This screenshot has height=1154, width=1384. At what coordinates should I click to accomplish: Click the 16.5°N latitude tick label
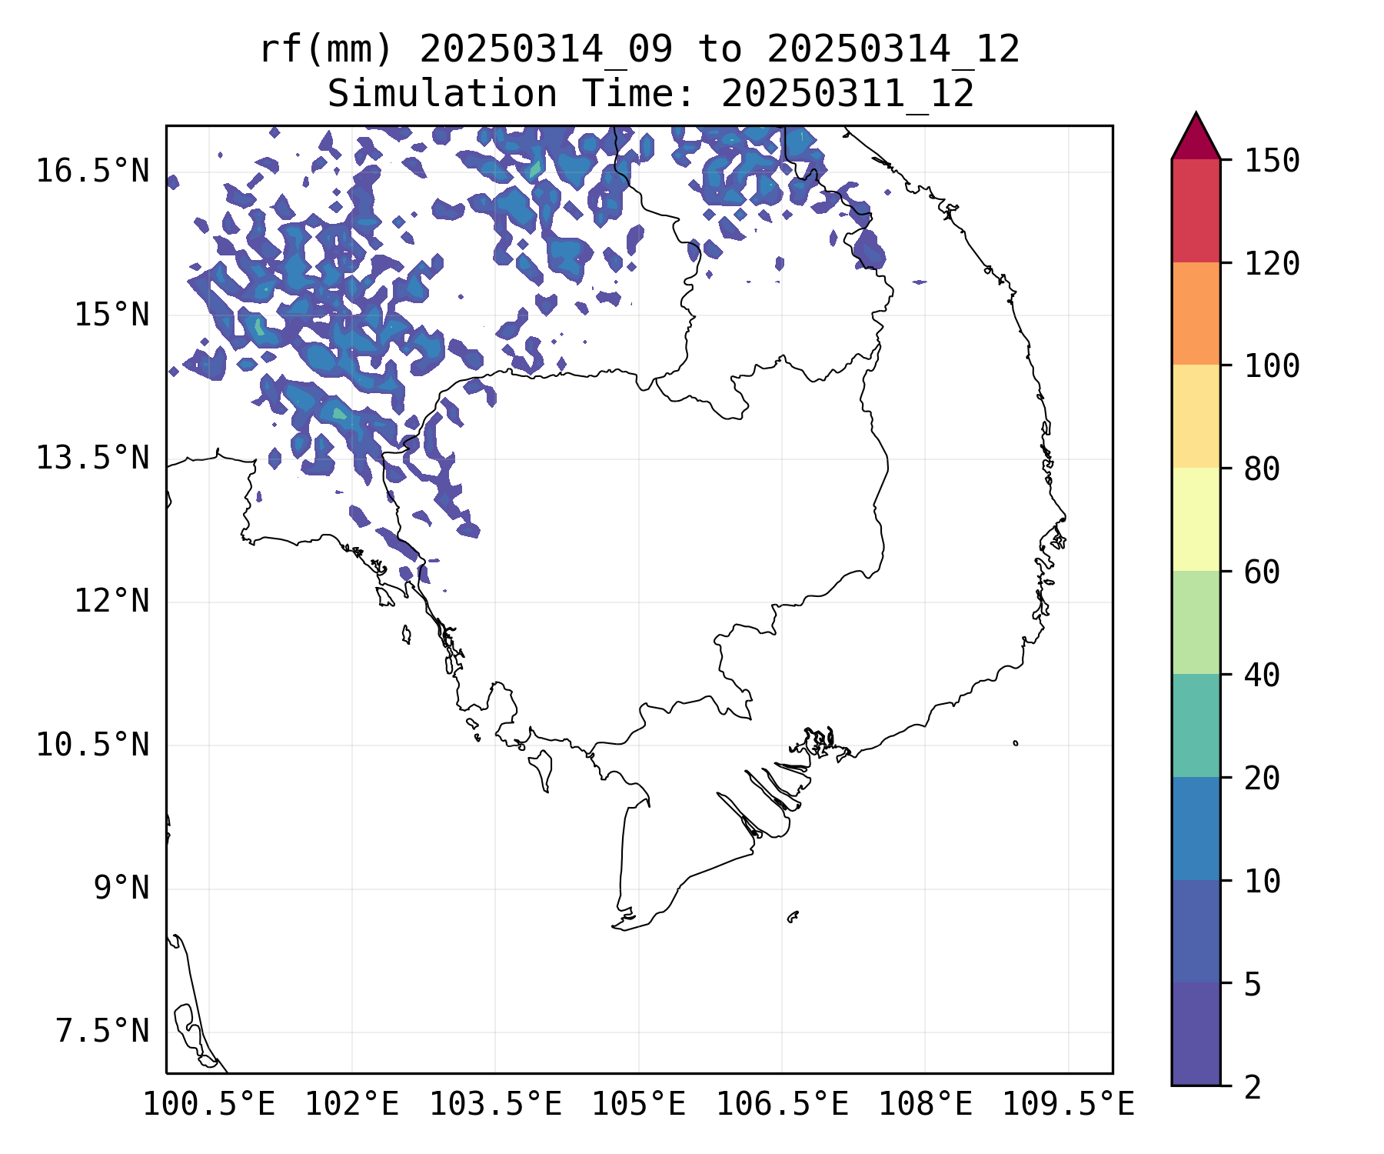click(x=92, y=171)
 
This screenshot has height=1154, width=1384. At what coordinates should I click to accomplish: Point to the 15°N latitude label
click(x=111, y=315)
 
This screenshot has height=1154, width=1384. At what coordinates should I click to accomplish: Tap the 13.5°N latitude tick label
click(x=92, y=458)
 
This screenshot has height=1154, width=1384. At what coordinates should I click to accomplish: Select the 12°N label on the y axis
click(x=111, y=601)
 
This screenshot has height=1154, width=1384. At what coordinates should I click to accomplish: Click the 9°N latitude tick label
click(x=121, y=888)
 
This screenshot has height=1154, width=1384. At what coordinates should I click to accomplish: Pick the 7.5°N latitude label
click(x=102, y=1032)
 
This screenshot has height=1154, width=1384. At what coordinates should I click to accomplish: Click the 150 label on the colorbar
click(x=1272, y=162)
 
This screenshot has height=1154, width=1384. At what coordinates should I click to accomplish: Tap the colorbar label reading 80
click(x=1262, y=469)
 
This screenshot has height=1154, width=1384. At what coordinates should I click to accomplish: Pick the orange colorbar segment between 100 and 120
click(x=1196, y=313)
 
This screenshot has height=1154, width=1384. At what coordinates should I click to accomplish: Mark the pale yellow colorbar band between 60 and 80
click(x=1196, y=519)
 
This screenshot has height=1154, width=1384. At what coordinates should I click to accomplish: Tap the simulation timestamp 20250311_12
click(x=847, y=95)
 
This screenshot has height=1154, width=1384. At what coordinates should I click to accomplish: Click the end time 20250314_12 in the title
click(x=893, y=50)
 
